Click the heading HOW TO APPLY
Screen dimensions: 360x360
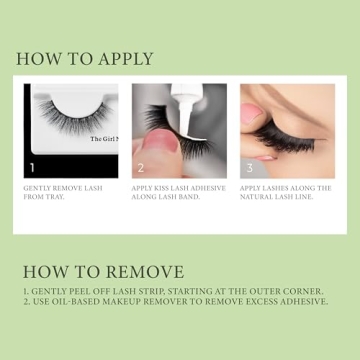85,59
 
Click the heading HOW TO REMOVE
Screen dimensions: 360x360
103,272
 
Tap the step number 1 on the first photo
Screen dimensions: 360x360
33,168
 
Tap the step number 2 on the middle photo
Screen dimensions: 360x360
140,168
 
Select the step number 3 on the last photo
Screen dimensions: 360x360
248,168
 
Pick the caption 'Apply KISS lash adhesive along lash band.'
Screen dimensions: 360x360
176,192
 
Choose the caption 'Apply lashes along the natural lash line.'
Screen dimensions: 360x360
286,192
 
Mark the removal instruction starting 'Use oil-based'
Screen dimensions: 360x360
175,301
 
